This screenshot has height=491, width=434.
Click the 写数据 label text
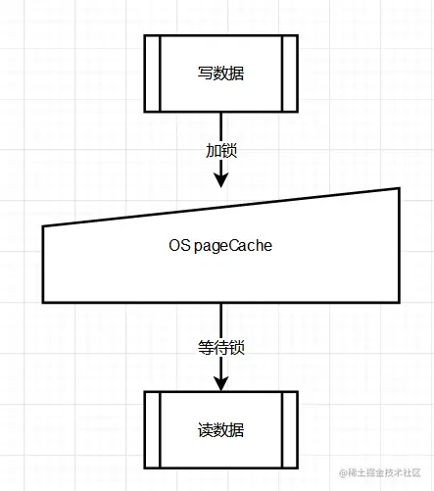click(220, 74)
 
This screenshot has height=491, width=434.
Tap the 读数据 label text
click(220, 430)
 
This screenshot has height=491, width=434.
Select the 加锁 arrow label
click(221, 151)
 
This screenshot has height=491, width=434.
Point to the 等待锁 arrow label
click(221, 347)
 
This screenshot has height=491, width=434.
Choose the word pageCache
click(233, 246)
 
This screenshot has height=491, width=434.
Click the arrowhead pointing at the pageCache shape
click(221, 180)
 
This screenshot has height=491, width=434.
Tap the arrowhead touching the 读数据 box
click(221, 383)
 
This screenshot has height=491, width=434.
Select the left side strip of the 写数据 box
click(153, 74)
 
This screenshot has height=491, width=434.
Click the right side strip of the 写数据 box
click(290, 74)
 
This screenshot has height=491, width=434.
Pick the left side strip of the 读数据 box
click(153, 430)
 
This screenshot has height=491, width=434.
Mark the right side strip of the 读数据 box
click(290, 430)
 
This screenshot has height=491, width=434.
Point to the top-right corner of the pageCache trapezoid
click(400, 188)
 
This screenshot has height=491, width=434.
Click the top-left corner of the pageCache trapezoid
click(43, 226)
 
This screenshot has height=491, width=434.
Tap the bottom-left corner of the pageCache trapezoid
click(43, 303)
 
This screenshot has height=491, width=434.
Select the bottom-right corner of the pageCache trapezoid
click(400, 303)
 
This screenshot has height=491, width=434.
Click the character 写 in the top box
click(205, 74)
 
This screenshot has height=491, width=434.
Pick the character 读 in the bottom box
click(205, 430)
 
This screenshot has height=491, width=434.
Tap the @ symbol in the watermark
click(343, 473)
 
